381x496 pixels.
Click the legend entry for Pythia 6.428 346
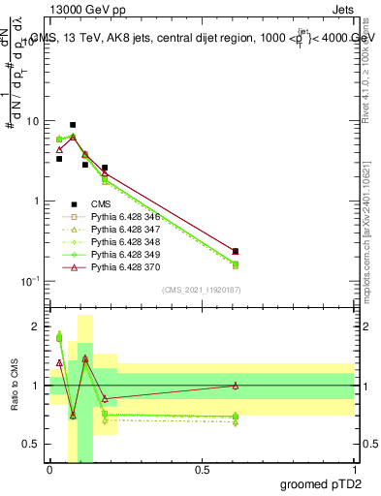[121, 216]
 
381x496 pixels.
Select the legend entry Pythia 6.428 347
[121, 229]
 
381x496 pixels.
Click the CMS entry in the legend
[101, 203]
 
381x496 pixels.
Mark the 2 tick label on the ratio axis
[37, 327]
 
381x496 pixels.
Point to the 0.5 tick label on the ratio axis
[32, 444]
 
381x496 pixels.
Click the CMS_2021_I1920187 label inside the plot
[201, 290]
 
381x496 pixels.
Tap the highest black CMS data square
[73, 125]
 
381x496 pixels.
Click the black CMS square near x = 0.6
[236, 251]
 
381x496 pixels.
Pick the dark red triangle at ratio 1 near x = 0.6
[236, 386]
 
